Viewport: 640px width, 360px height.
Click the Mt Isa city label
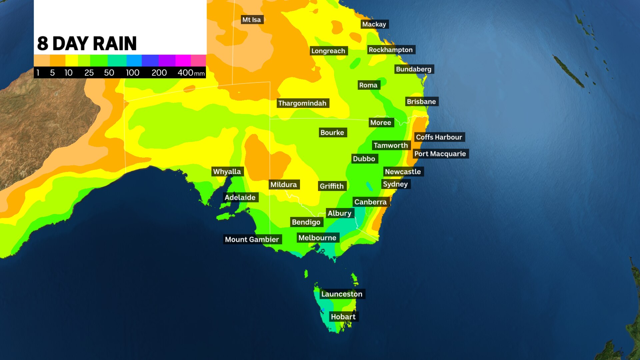click(x=252, y=20)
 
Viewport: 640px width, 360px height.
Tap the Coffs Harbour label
click(x=439, y=137)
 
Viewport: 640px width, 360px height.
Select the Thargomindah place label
click(x=302, y=103)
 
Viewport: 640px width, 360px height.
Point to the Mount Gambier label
click(x=252, y=239)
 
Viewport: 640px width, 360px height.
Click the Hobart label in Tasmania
click(x=343, y=317)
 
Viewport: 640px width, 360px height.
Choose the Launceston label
click(x=342, y=294)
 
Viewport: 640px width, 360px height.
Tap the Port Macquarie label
click(x=440, y=154)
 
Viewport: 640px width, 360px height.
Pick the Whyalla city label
click(x=227, y=172)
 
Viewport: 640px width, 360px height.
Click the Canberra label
click(x=370, y=202)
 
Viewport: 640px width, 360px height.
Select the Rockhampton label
click(x=391, y=50)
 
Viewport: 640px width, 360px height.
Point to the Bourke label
click(x=332, y=133)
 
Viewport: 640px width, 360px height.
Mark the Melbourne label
click(x=317, y=238)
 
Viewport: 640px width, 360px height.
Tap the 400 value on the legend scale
click(x=185, y=73)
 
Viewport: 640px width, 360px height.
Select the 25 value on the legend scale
click(x=89, y=73)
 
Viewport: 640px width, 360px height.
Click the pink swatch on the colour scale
click(x=198, y=61)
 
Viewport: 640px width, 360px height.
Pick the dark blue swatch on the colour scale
click(x=150, y=61)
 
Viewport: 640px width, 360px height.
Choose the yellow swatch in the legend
click(x=72, y=61)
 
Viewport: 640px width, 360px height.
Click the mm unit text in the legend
click(x=199, y=74)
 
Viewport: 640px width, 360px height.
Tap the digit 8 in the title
click(x=42, y=44)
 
